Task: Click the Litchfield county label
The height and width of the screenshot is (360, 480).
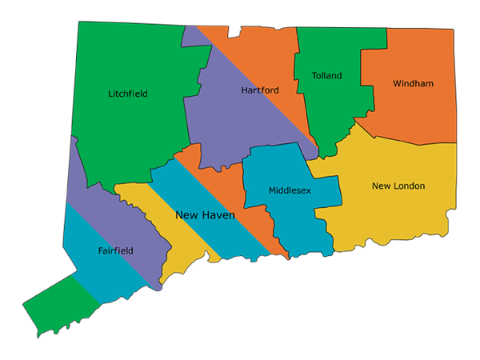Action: [x=128, y=94]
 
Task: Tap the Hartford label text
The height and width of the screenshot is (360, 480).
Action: [x=260, y=90]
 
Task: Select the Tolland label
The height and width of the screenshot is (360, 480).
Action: [x=326, y=76]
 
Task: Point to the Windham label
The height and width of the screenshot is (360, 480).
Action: [x=413, y=83]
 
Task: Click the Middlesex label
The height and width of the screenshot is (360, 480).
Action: [x=290, y=190]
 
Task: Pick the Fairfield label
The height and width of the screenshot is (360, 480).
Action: [x=116, y=250]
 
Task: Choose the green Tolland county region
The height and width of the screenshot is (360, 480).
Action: [x=328, y=112]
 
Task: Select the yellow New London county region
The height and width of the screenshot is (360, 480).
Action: [x=392, y=216]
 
